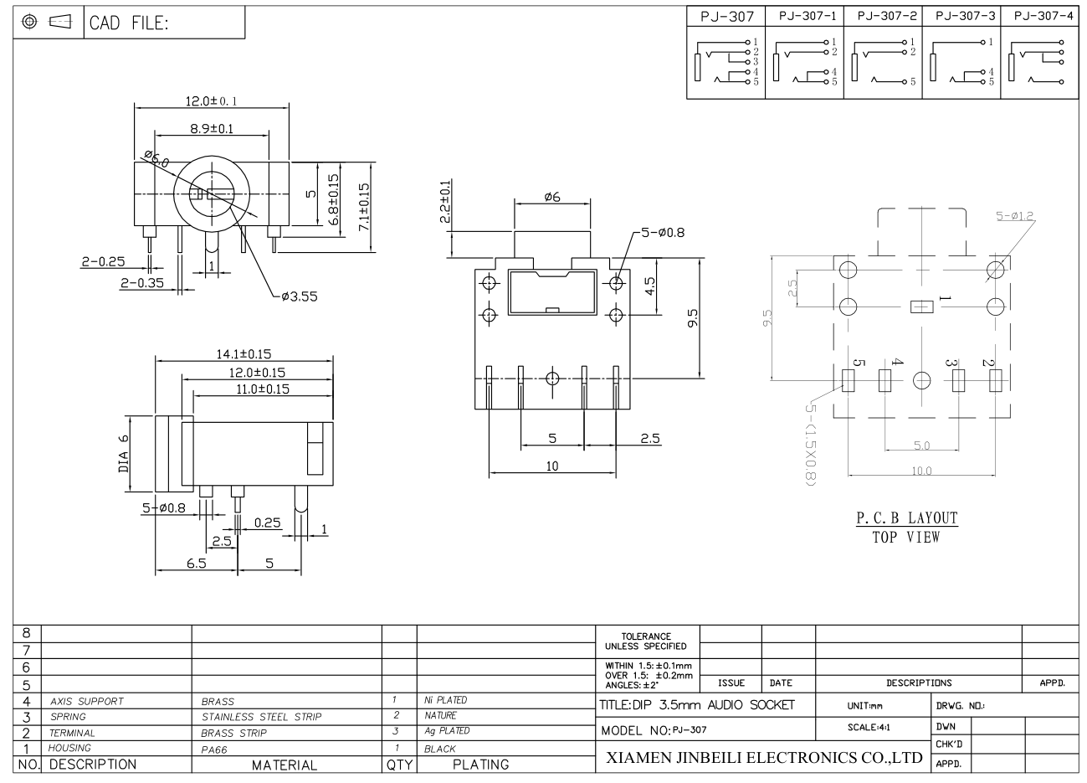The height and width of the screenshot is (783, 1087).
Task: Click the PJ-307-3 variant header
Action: click(965, 16)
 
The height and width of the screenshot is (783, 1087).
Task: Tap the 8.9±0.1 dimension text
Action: click(212, 129)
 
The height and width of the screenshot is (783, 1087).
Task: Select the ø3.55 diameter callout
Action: click(300, 296)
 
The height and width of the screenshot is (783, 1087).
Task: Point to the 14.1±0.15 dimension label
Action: click(244, 353)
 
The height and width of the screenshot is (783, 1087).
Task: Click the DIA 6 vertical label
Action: click(124, 453)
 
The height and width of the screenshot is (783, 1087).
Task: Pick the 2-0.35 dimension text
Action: click(142, 283)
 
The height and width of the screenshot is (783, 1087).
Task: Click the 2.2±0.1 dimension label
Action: click(445, 201)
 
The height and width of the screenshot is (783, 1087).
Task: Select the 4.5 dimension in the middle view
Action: click(650, 286)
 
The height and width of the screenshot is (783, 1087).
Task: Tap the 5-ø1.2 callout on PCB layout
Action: click(1015, 215)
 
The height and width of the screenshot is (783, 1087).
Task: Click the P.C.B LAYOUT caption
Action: click(906, 518)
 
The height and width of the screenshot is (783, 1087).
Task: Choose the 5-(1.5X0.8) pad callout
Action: click(810, 444)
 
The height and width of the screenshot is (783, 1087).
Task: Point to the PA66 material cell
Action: click(214, 750)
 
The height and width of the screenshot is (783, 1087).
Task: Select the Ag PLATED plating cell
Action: click(447, 731)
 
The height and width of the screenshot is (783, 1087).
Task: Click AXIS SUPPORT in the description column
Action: click(87, 702)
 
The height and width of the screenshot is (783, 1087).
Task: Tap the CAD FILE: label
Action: click(129, 23)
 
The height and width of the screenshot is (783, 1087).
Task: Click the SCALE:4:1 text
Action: click(869, 727)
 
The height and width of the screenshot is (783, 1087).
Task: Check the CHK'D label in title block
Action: click(949, 744)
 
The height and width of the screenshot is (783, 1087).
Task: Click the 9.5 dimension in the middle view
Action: click(693, 318)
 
